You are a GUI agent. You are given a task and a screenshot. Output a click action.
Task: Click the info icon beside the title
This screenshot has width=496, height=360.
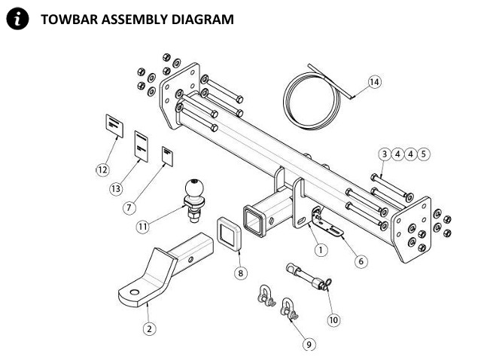(x=15, y=19)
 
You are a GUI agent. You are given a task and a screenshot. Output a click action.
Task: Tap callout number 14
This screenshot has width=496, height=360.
(x=375, y=81)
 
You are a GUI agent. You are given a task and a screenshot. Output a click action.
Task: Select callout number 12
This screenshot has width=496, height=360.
(x=102, y=169)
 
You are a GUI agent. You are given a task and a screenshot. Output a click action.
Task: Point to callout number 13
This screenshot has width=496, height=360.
(x=115, y=188)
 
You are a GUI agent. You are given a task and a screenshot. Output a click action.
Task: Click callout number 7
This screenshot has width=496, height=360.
(x=132, y=206)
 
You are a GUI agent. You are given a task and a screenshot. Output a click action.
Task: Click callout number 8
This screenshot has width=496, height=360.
(x=240, y=273)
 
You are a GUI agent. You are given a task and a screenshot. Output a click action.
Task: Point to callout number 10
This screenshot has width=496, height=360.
(x=334, y=319)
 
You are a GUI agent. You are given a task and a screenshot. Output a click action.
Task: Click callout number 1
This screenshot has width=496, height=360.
(x=321, y=249)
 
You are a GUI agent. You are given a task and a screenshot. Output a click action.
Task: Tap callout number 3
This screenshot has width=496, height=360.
(x=385, y=154)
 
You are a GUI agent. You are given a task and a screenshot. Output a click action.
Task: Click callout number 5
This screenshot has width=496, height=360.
(x=424, y=154)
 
